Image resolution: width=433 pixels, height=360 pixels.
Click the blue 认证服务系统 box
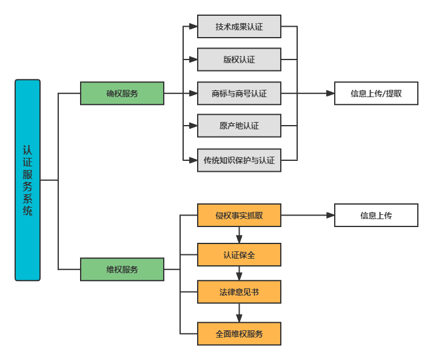[x=27, y=180]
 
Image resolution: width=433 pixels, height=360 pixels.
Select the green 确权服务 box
[x=122, y=93]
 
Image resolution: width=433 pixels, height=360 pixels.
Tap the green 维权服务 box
[x=122, y=270]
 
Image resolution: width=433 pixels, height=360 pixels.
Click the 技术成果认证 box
[x=239, y=27]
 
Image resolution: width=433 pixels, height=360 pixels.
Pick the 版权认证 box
[x=239, y=59]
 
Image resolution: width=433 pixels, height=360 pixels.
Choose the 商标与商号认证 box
[x=239, y=93]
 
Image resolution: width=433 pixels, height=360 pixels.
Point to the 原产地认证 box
[x=239, y=126]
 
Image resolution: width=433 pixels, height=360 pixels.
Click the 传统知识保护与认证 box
[x=239, y=160]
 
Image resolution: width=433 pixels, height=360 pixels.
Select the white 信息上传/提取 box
[x=376, y=93]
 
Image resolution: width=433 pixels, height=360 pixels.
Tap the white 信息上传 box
[x=376, y=215]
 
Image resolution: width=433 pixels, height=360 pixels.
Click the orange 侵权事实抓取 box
[x=239, y=215]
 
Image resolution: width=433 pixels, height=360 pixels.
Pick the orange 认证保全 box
[x=239, y=255]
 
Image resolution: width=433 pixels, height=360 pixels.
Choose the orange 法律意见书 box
[x=239, y=292]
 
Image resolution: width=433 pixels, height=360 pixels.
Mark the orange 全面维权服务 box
[x=239, y=334]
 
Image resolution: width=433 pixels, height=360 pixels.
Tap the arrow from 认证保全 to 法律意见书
[x=239, y=274]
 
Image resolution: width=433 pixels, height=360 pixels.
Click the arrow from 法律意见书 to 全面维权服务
[x=239, y=313]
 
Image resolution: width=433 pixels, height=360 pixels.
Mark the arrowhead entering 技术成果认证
[x=193, y=27]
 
